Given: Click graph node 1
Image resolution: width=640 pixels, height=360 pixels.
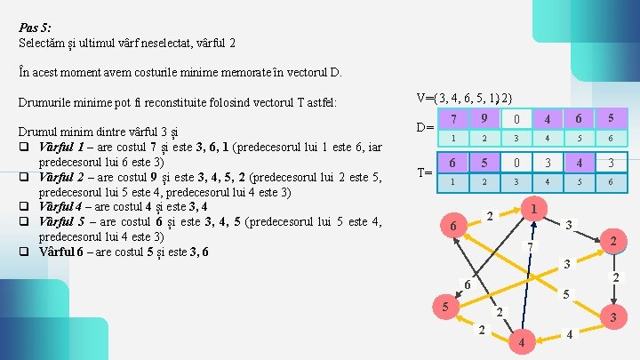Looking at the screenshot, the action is (x=533, y=209).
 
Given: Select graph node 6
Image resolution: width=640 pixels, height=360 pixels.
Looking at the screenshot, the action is (x=452, y=228).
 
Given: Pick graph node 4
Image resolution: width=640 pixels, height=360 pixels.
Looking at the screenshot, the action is (x=522, y=342).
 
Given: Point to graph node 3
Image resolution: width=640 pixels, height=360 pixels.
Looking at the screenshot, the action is (x=611, y=316).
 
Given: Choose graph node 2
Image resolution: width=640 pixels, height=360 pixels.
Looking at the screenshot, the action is (x=610, y=240).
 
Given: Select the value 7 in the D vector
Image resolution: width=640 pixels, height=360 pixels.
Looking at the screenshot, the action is (x=453, y=119).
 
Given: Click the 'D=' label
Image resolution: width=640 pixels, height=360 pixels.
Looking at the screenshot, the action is (x=426, y=127).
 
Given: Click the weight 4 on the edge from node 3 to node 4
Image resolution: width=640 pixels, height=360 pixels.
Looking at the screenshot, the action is (x=569, y=334).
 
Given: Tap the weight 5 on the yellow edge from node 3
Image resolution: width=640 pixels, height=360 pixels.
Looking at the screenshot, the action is (x=567, y=293).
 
